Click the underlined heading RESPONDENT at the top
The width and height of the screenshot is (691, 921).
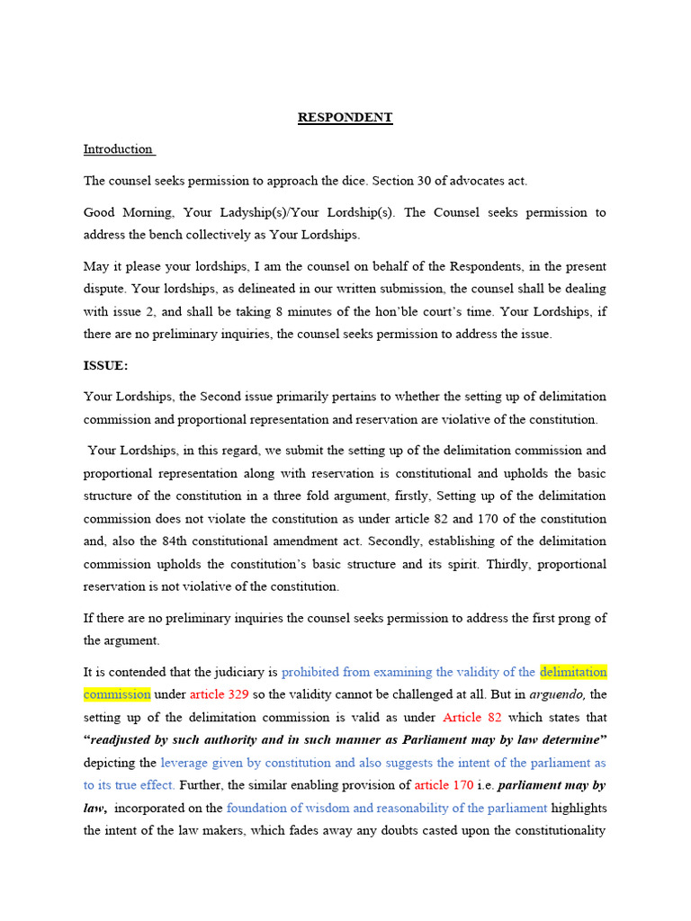point(345,118)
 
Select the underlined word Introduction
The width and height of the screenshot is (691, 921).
point(119,149)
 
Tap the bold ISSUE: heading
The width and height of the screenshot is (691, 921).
point(106,366)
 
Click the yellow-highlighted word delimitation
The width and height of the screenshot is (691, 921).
point(573,672)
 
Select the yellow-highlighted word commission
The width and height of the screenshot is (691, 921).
point(117,695)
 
